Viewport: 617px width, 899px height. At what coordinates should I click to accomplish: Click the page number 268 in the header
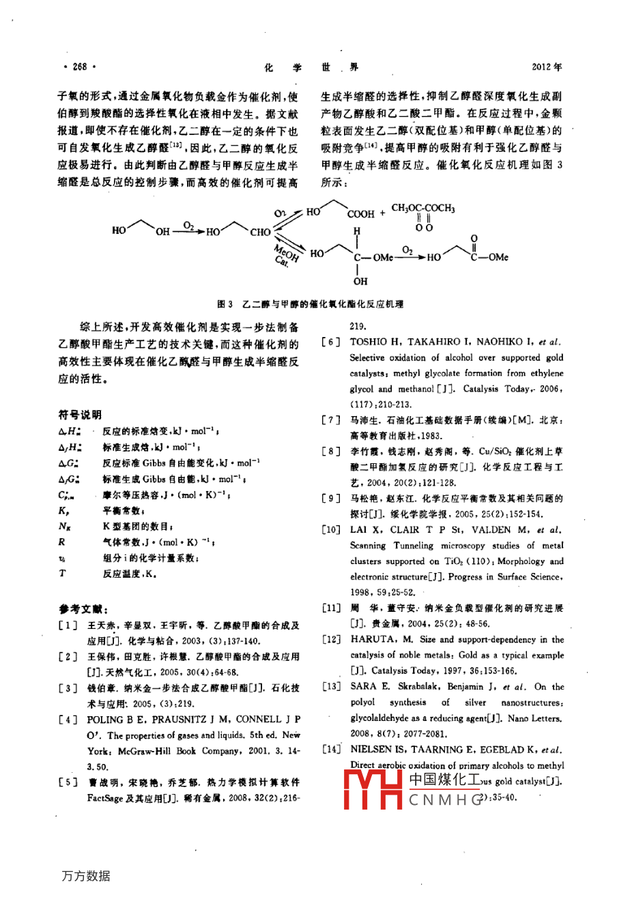click(x=79, y=67)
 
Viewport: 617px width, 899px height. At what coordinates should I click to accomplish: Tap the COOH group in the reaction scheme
click(x=361, y=213)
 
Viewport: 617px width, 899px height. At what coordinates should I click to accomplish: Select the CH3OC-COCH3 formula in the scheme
click(x=422, y=208)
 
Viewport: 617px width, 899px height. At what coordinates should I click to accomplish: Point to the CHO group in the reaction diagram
click(x=260, y=232)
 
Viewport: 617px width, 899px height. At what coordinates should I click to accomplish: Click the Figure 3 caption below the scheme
click(x=310, y=304)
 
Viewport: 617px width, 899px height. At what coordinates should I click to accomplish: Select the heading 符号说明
click(x=80, y=414)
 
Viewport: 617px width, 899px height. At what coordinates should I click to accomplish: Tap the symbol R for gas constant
click(x=62, y=542)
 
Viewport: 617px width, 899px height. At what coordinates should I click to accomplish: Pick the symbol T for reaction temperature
click(x=62, y=574)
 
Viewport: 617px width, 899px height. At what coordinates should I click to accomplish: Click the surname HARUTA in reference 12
click(x=373, y=640)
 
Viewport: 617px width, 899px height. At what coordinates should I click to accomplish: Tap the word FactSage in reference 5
click(x=106, y=797)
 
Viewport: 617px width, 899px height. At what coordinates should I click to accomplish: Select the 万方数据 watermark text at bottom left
click(x=85, y=876)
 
